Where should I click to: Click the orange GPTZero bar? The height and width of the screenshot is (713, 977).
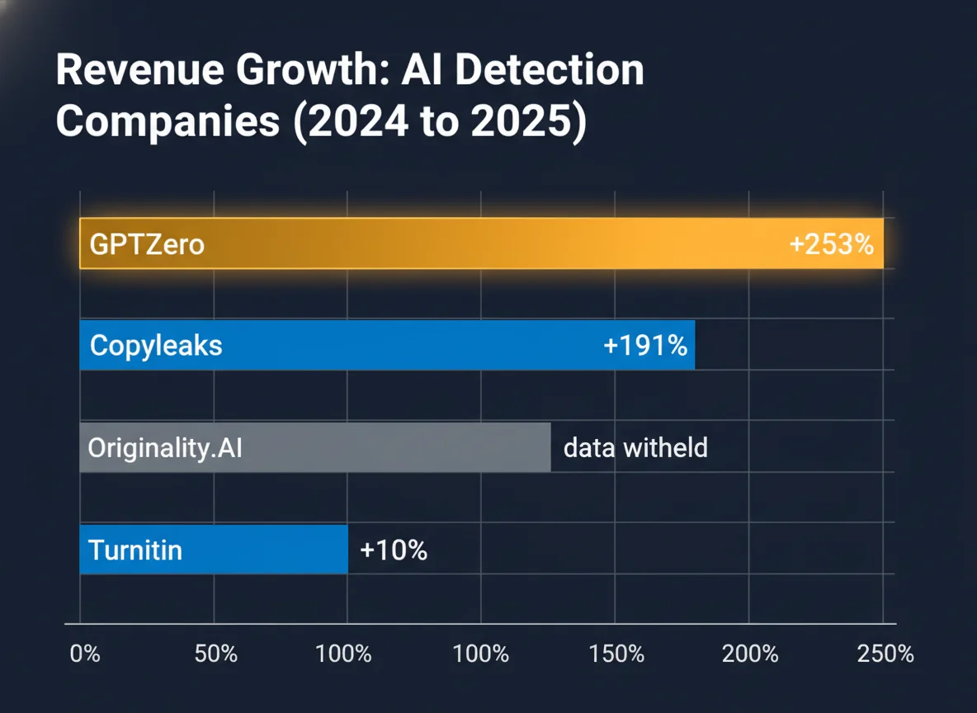point(495,243)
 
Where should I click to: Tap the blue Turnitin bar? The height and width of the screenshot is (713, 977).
point(248,550)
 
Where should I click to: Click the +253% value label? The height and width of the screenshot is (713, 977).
point(831,244)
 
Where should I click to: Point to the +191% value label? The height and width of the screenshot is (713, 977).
point(645,345)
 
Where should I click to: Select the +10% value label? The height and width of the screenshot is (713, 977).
point(394,550)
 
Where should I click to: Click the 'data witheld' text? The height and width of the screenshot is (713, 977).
point(635,448)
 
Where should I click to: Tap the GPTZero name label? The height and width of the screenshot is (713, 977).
point(147,244)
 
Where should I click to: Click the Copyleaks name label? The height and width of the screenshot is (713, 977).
point(156,345)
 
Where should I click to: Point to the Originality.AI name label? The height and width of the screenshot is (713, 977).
point(165,448)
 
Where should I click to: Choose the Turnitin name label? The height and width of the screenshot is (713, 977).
point(135,550)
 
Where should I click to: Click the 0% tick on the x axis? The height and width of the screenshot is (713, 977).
point(85,654)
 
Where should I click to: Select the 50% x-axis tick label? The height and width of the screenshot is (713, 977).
point(215,654)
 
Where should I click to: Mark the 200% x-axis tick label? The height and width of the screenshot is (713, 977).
point(751,654)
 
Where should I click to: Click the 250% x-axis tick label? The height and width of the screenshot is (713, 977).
point(885,654)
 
